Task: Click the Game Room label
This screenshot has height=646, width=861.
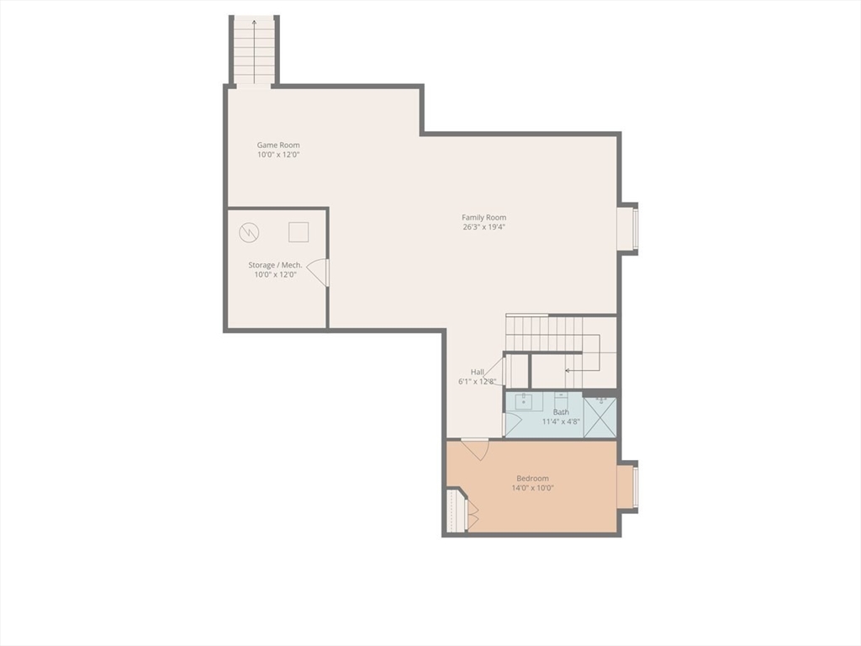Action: tap(278, 145)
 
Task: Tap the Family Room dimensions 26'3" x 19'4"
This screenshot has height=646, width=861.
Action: tap(483, 227)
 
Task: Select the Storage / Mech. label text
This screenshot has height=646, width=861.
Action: tap(275, 265)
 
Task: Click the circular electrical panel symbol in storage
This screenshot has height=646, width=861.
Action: tap(249, 232)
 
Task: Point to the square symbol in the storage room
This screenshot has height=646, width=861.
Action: tap(298, 231)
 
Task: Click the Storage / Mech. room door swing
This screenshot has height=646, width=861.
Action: tap(319, 273)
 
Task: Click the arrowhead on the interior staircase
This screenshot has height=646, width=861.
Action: tap(568, 369)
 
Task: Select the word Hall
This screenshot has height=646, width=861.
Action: tap(477, 372)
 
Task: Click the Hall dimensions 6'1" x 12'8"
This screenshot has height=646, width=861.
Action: tap(478, 381)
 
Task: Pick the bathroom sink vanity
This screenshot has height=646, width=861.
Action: tap(524, 401)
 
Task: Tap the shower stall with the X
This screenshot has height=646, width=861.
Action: tap(600, 417)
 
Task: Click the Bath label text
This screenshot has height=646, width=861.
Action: tap(561, 412)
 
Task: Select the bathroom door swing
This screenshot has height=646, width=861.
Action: tap(512, 424)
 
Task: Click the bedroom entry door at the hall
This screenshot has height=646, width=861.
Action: tap(475, 449)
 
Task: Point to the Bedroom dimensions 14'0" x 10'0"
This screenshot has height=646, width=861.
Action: tap(532, 488)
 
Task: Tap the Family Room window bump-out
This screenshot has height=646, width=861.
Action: tap(628, 229)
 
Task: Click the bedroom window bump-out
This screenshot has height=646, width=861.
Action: tap(628, 487)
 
